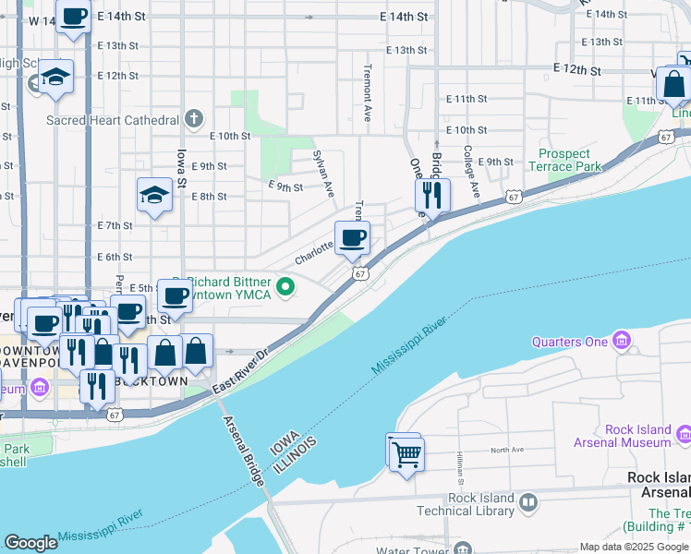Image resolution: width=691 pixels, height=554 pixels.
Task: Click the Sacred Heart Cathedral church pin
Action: click(x=193, y=118)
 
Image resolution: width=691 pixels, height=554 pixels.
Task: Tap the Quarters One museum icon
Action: click(x=622, y=343)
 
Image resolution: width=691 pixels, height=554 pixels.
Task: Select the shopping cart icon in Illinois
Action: click(x=406, y=453)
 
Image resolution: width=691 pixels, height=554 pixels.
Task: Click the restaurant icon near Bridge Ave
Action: click(x=431, y=195)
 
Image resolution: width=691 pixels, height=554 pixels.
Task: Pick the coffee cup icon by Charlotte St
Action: click(x=352, y=240)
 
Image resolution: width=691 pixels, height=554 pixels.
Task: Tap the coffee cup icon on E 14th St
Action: click(x=73, y=17)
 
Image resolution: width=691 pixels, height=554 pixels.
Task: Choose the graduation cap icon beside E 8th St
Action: click(x=154, y=195)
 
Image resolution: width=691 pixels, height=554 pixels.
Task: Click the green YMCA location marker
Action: click(x=285, y=287)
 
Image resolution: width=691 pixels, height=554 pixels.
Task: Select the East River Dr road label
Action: click(x=237, y=370)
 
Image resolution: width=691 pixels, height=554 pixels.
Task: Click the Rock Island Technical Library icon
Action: click(x=528, y=504)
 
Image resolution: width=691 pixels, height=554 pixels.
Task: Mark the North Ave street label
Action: click(x=507, y=450)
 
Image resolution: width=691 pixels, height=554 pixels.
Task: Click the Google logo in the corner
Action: click(x=31, y=543)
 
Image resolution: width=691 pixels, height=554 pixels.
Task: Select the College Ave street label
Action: click(x=470, y=172)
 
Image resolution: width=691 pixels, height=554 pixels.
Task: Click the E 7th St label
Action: click(x=115, y=225)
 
